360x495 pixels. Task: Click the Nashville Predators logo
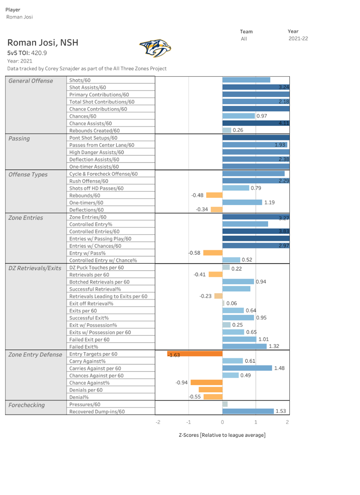(155, 48)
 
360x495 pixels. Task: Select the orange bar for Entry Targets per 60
(195, 354)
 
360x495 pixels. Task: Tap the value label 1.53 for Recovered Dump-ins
(280, 411)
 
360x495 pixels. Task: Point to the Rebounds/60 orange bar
(214, 195)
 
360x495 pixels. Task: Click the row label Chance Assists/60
(90, 124)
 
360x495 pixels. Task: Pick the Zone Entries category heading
(26, 218)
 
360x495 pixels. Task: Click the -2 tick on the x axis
(158, 422)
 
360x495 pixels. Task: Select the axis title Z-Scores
(222, 435)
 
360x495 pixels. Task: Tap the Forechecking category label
(27, 405)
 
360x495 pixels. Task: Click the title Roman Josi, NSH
(43, 43)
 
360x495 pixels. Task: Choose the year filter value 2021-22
(298, 39)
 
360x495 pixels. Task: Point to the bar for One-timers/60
(242, 202)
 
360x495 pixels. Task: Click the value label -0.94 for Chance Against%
(181, 383)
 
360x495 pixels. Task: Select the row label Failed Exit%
(83, 347)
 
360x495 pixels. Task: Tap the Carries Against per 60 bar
(247, 368)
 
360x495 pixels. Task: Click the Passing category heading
(19, 139)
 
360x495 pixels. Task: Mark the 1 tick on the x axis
(256, 422)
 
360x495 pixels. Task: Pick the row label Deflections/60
(86, 210)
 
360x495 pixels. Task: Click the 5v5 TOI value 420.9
(39, 53)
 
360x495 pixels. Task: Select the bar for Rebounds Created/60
(227, 130)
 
